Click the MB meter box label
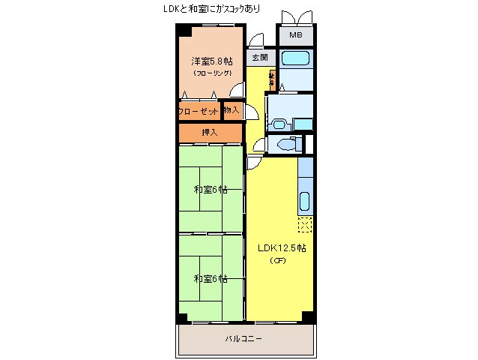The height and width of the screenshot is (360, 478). click(x=296, y=35)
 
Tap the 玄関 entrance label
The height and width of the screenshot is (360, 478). click(x=260, y=57)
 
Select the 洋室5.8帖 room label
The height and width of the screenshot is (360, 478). click(x=210, y=61)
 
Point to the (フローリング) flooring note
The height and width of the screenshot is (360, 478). click(x=210, y=73)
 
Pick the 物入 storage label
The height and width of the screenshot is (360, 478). click(x=232, y=111)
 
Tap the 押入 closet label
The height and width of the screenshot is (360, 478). click(x=210, y=133)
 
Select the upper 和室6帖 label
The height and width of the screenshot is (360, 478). click(x=210, y=190)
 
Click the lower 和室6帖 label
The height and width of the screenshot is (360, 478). click(x=210, y=279)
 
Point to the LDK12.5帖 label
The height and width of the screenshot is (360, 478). click(x=282, y=247)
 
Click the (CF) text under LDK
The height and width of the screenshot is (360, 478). click(x=277, y=261)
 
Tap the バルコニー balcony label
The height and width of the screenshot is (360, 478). click(x=244, y=339)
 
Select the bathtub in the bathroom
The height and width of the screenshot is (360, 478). click(x=295, y=58)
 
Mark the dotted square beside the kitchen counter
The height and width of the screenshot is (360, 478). click(x=305, y=224)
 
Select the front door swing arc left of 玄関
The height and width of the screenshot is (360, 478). click(x=254, y=43)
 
